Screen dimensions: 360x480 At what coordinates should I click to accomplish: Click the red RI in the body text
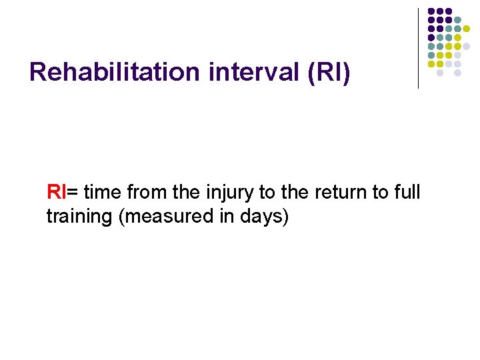pos(56,193)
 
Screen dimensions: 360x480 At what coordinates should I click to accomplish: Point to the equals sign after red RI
pos(72,193)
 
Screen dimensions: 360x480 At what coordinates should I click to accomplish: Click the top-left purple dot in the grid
pos(431,11)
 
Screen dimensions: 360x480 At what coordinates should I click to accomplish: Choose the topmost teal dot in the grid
pos(458,20)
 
